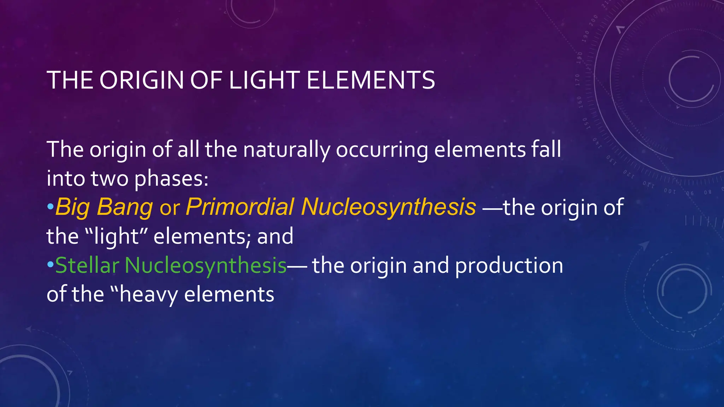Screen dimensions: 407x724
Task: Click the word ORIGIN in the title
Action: pos(142,80)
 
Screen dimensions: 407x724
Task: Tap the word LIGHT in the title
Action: pos(263,80)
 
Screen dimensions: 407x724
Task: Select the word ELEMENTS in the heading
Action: pos(370,80)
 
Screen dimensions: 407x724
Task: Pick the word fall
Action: pos(546,149)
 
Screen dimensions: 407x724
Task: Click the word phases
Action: pos(171,179)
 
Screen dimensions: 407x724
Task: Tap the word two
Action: pos(110,179)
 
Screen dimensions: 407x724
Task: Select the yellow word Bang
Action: pos(124,207)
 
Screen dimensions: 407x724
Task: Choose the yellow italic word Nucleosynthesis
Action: pos(388,207)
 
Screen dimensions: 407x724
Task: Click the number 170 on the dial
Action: pos(577,80)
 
